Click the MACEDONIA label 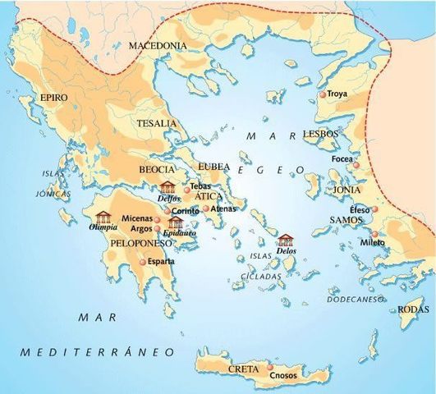point(158,45)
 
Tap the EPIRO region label point(54,98)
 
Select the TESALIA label point(157,123)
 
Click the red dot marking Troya point(323,95)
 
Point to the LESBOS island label point(318,134)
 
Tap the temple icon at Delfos point(168,187)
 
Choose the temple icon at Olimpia point(103,217)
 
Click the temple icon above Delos point(286,240)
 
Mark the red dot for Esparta point(143,261)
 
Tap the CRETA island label point(244,369)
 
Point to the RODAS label point(414,309)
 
